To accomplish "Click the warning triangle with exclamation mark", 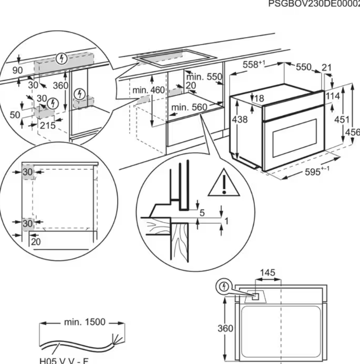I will [223, 184].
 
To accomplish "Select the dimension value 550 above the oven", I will [303, 67].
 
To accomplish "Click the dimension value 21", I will [327, 68].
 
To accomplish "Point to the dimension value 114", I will [333, 96].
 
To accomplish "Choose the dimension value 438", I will [239, 119].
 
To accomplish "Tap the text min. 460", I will [148, 90].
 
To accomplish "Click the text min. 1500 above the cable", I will [84, 322].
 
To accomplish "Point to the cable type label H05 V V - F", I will [64, 360].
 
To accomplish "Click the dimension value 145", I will [267, 273].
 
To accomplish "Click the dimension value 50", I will [15, 115].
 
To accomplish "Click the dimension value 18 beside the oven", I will [259, 98].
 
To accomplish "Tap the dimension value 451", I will [342, 119].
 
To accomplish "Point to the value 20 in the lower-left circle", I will [35, 241].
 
